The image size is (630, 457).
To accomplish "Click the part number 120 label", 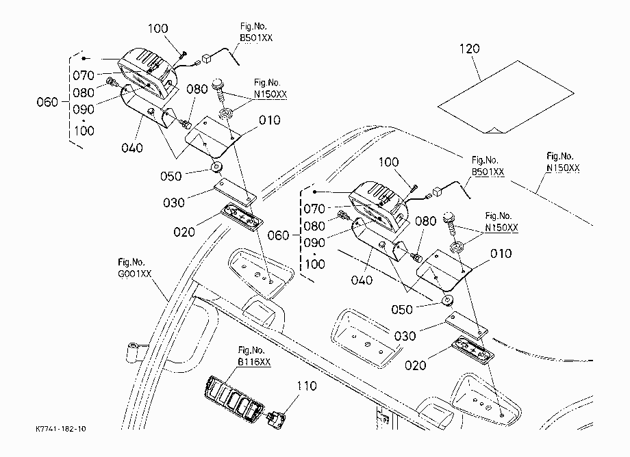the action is tap(469, 49).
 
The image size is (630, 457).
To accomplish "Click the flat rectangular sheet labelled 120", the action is tap(505, 96).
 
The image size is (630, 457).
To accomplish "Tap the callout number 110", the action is tap(306, 386).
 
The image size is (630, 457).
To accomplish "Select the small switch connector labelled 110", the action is tap(277, 418).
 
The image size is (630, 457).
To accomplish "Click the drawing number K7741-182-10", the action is tap(61, 429).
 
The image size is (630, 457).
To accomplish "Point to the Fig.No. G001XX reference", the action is tap(135, 268).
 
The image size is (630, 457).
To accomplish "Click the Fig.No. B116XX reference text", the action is tap(254, 356).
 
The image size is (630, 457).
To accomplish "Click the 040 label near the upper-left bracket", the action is tap(131, 148).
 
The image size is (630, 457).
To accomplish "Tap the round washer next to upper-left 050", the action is tap(217, 167).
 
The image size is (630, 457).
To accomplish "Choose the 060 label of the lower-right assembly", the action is tap(278, 235).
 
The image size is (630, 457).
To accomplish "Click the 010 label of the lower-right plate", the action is tap(501, 254).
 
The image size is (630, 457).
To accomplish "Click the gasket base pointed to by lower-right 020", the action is tap(473, 350).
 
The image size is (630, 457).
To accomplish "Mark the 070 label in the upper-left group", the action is tap(84, 75).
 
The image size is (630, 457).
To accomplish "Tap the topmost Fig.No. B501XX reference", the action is tap(256, 32).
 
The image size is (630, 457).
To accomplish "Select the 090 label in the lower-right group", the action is tap(314, 243).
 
